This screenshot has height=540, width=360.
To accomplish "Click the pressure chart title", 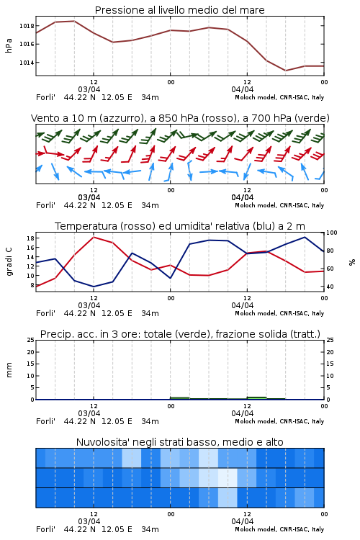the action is [x=179, y=10].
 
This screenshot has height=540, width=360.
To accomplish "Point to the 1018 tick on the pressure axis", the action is [x=27, y=26].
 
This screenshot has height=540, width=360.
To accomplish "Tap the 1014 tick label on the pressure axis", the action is [x=27, y=63].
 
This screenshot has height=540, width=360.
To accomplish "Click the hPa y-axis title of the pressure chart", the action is [x=9, y=45].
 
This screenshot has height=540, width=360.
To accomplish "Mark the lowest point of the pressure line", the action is [x=285, y=71].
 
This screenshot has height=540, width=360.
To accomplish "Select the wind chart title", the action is [x=180, y=118].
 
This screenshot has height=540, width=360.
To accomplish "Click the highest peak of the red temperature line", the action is [x=94, y=237].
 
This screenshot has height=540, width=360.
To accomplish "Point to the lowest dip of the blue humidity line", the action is [x=94, y=287].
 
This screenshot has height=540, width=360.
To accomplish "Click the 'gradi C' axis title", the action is [x=9, y=261].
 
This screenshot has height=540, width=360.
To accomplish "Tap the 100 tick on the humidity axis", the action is [x=332, y=233].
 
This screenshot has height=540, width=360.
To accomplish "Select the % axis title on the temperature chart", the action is [x=352, y=262].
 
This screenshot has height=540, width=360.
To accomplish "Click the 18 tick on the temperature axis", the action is [x=30, y=238].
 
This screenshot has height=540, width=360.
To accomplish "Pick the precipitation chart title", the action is [x=180, y=334].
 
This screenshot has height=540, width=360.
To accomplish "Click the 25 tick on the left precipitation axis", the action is [x=31, y=340].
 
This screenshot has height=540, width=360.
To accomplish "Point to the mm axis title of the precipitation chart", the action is [x=9, y=370].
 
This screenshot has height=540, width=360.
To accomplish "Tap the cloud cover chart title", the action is [x=179, y=442].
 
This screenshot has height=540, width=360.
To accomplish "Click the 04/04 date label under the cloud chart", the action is [x=243, y=521].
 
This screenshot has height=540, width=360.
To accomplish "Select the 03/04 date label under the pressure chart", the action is [x=89, y=89].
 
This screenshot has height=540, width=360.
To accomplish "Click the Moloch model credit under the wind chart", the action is [x=279, y=205].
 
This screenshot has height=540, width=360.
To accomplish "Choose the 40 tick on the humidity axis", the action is [x=330, y=287].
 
